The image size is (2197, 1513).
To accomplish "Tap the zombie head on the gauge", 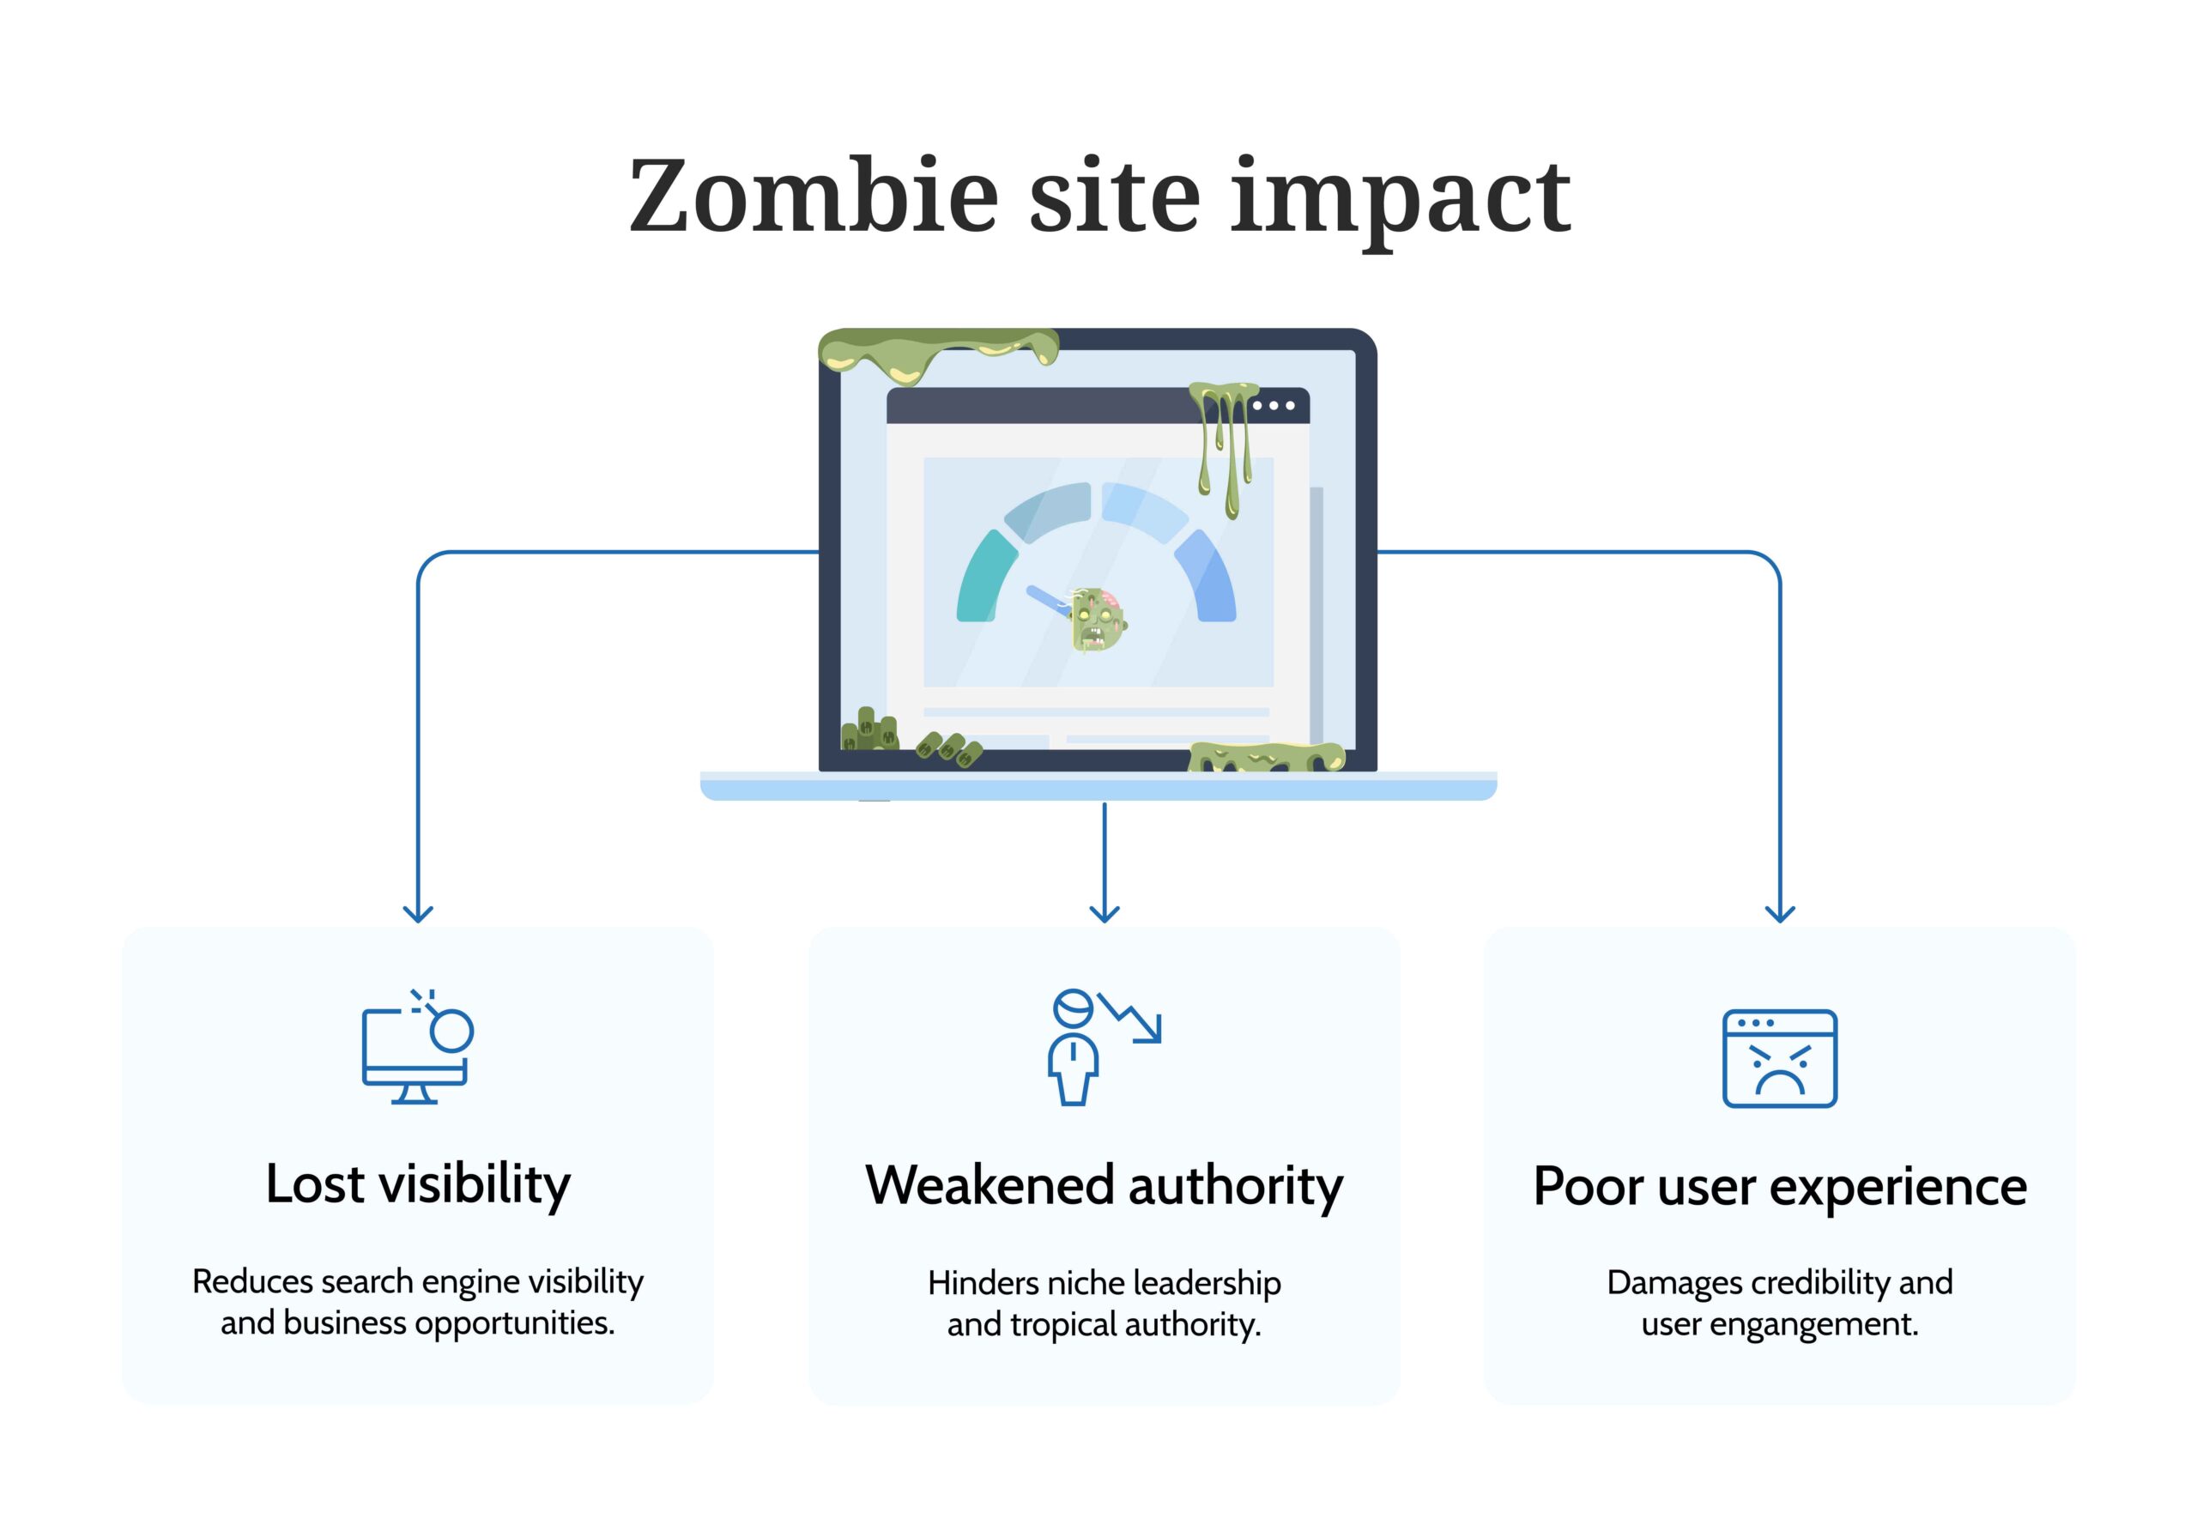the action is click(x=1098, y=619).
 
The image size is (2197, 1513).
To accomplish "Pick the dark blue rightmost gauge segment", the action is click(x=1208, y=577).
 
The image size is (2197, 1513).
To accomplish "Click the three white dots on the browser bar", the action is click(x=1273, y=406).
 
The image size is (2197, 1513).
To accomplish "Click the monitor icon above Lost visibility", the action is click(x=418, y=1048).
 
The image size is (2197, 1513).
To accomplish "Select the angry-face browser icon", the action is click(x=1779, y=1059).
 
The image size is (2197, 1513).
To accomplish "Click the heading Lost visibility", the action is click(x=418, y=1185).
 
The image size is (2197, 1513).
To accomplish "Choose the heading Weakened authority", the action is click(x=1105, y=1186).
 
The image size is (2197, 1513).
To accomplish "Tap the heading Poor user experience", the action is click(x=1780, y=1187).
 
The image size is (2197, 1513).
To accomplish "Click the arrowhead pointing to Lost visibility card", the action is click(x=418, y=914).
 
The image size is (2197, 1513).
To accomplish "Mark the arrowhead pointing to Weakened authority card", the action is click(x=1105, y=914).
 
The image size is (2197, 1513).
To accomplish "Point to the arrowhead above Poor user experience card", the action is click(x=1780, y=914).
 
